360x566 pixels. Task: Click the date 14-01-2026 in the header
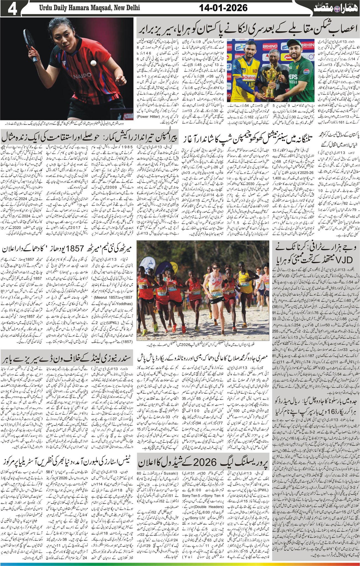[223, 8]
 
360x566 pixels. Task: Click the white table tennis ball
[94, 63]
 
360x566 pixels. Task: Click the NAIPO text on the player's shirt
[81, 75]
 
